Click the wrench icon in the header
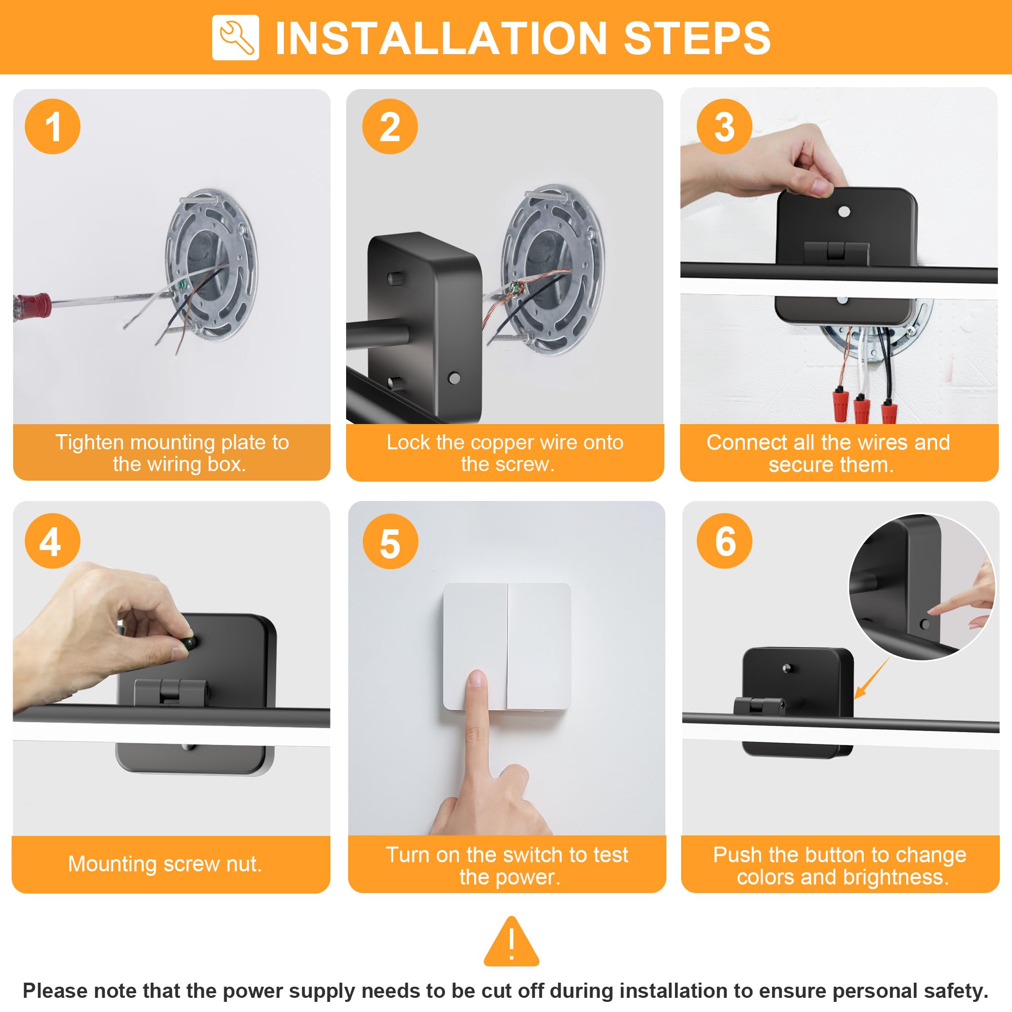[235, 38]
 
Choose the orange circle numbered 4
[53, 540]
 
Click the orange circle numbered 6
[725, 540]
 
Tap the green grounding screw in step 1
[183, 285]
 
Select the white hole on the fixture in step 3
[845, 212]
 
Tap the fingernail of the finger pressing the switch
[476, 679]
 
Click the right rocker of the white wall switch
[539, 646]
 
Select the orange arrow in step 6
[872, 679]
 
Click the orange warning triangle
[511, 941]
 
